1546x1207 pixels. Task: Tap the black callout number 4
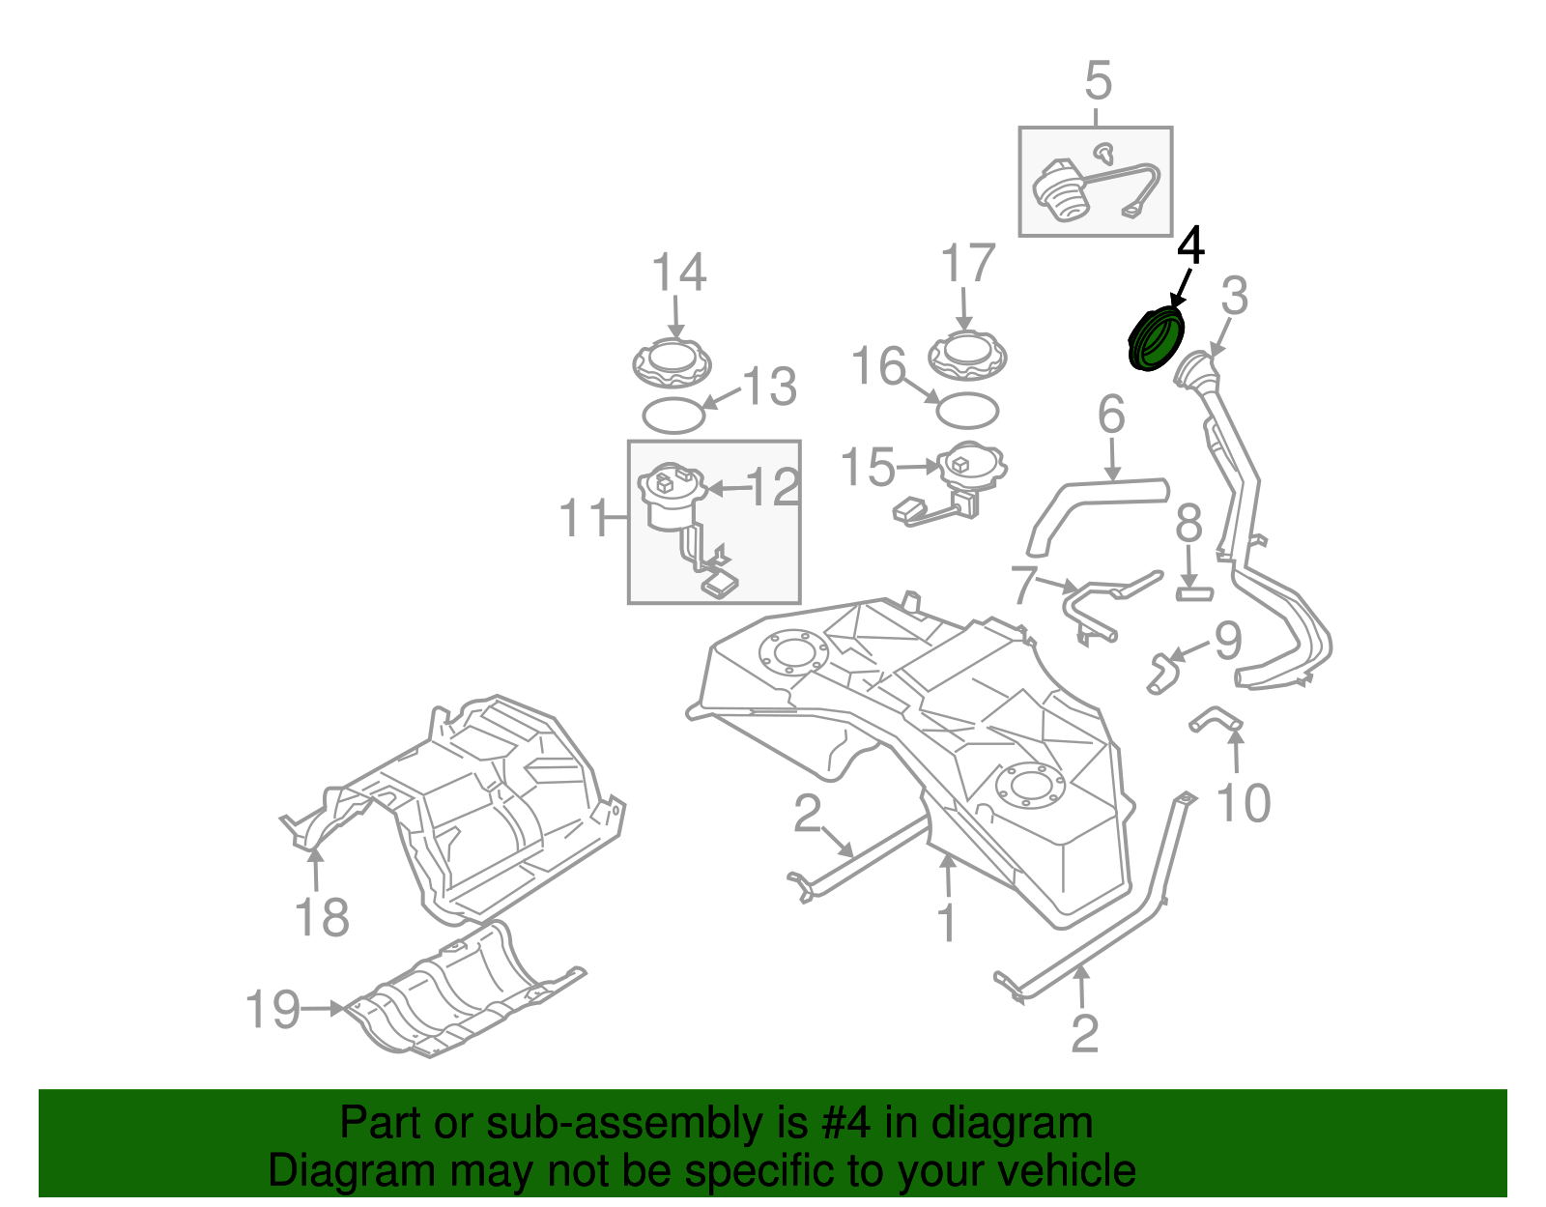coord(1190,246)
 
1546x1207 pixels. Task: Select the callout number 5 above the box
coord(1098,81)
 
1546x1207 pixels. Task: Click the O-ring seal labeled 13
coord(673,416)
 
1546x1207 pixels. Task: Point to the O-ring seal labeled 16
coord(967,410)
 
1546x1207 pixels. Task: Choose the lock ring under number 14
coord(672,362)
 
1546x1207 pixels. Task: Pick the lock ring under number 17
coord(966,357)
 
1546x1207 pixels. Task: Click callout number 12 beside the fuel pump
coord(773,488)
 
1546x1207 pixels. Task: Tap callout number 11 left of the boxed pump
coord(585,519)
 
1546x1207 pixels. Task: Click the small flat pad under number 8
coord(1194,592)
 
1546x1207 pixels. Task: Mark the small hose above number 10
coord(1216,720)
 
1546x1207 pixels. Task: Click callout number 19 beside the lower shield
coord(272,1009)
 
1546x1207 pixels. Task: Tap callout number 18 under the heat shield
coord(322,916)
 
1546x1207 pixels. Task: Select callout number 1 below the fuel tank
coord(947,923)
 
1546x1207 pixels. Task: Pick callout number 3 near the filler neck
coord(1235,297)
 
